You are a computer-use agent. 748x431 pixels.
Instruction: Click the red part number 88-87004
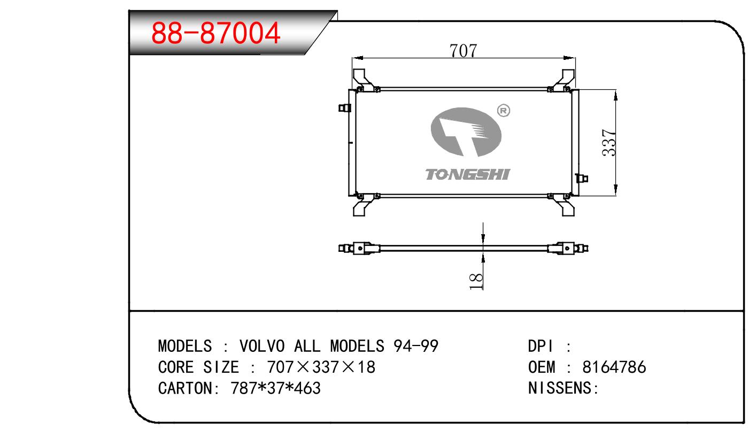[215, 33]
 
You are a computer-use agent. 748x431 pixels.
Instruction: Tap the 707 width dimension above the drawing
[463, 51]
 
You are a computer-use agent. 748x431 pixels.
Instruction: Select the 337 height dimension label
[608, 143]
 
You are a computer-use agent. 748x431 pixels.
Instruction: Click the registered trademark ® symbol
[504, 111]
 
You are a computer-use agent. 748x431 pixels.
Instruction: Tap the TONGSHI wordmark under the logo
[467, 175]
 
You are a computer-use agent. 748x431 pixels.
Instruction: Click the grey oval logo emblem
[466, 132]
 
